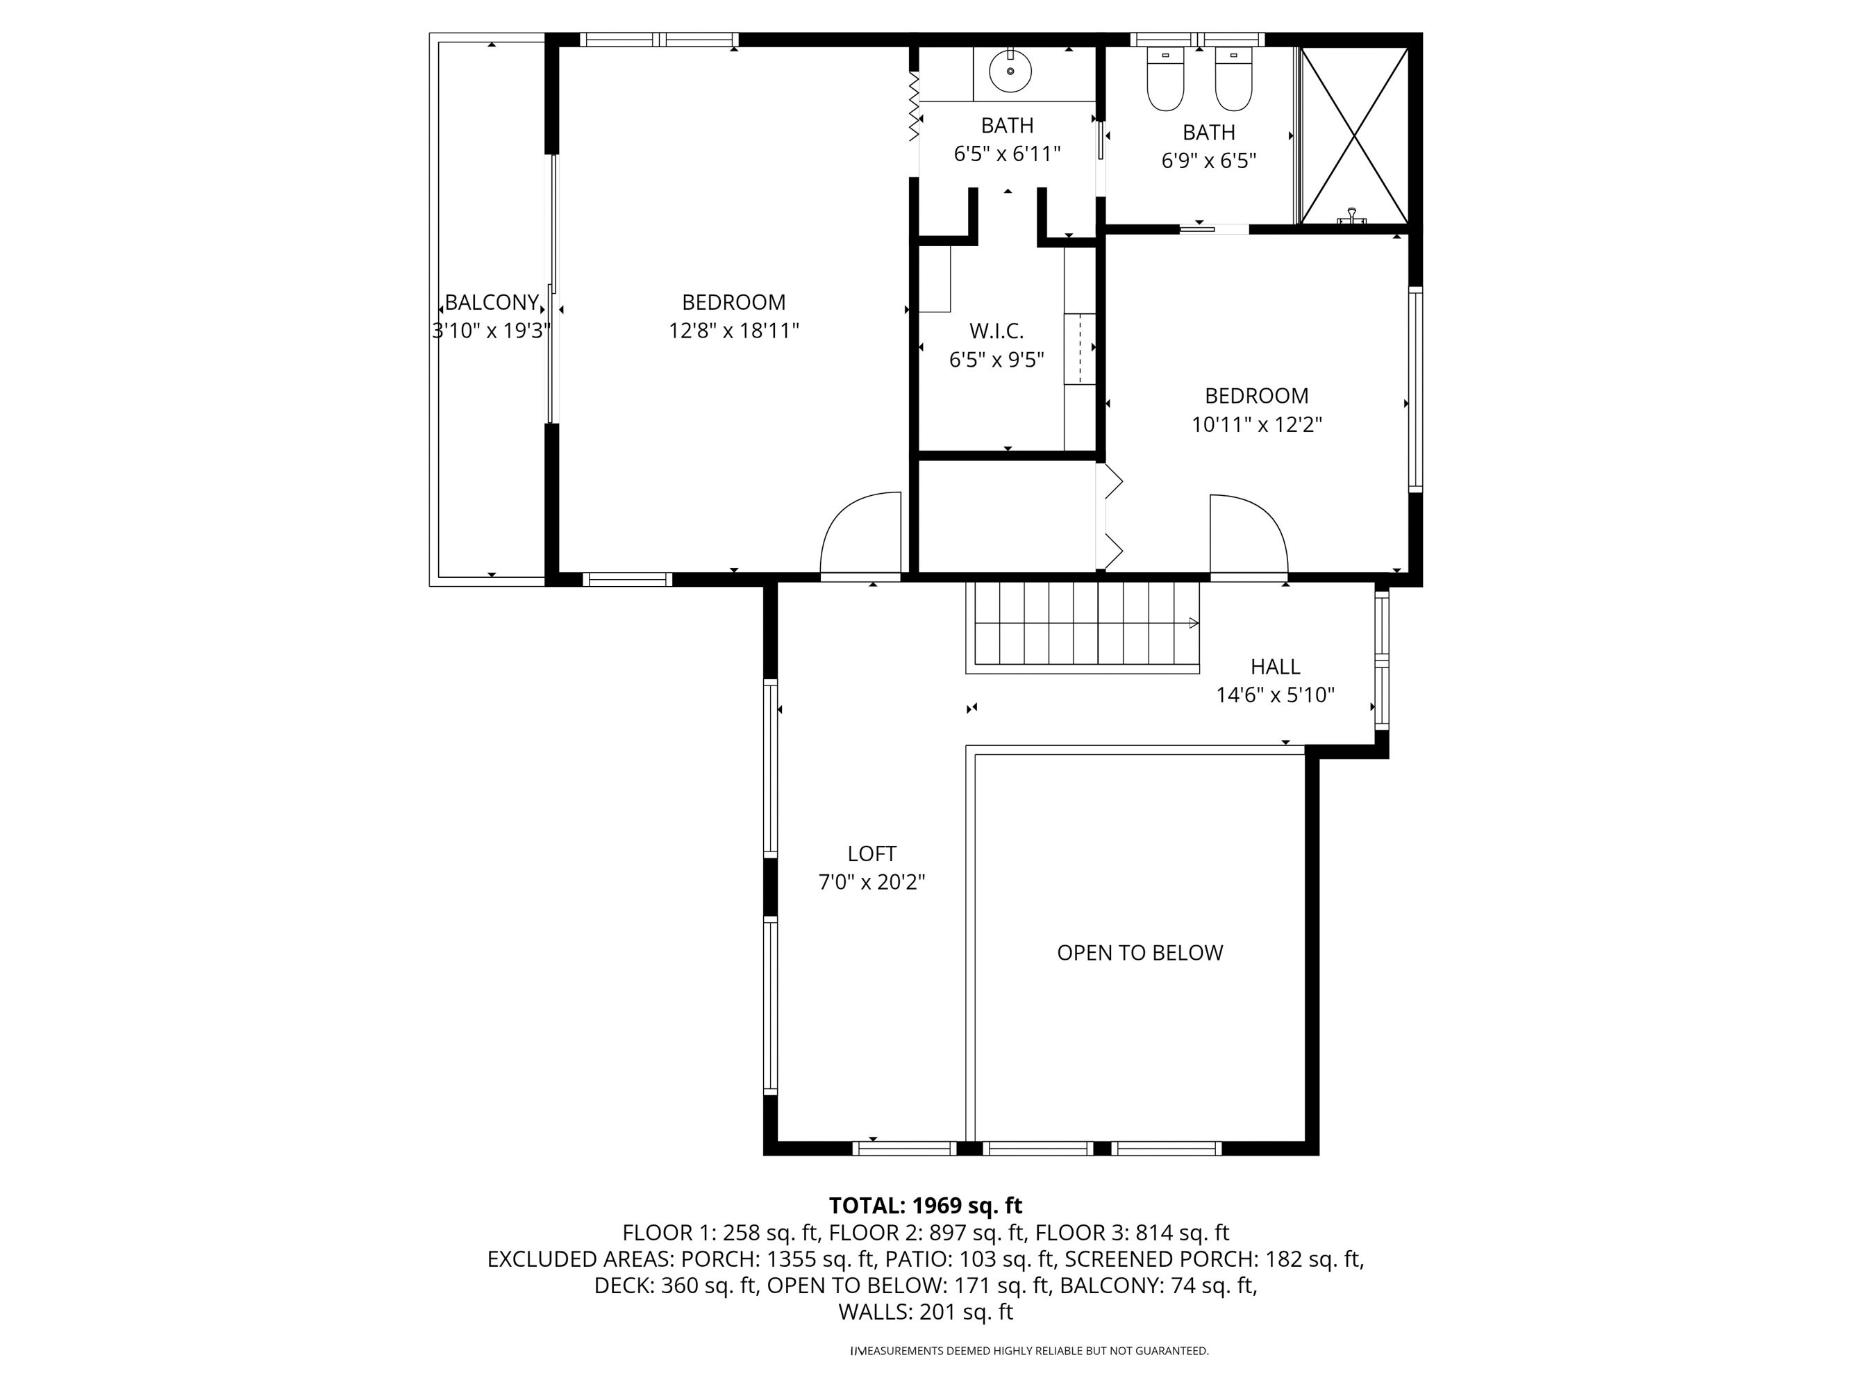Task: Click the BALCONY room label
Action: click(492, 302)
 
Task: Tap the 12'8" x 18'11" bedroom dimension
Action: click(733, 331)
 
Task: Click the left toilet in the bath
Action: click(1165, 81)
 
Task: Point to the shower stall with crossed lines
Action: click(1355, 134)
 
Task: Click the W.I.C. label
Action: click(996, 331)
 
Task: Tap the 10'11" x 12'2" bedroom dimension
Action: click(1256, 424)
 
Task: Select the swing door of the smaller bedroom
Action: click(1247, 536)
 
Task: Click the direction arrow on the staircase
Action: click(1193, 623)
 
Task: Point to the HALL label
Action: click(1274, 667)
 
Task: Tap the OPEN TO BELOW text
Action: click(1140, 952)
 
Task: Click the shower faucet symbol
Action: click(1351, 216)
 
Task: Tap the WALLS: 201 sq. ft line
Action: click(925, 1312)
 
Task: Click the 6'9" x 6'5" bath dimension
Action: click(1208, 160)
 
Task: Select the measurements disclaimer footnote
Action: click(1030, 1351)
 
